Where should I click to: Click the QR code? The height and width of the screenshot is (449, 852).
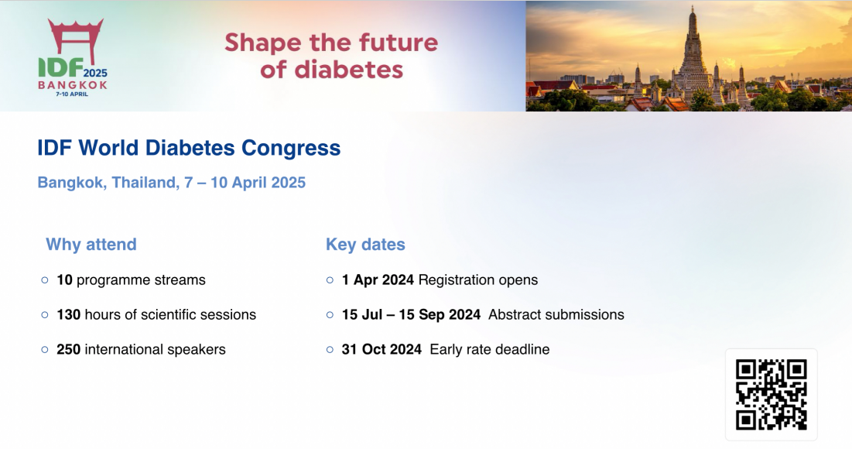(x=771, y=394)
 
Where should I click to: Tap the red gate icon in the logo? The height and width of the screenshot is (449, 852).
(x=76, y=40)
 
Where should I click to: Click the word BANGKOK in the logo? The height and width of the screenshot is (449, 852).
(x=73, y=85)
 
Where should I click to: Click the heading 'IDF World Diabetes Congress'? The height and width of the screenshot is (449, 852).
(x=189, y=148)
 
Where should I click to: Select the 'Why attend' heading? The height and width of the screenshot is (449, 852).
(x=91, y=245)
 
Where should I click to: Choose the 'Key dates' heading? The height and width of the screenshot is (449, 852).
(x=366, y=245)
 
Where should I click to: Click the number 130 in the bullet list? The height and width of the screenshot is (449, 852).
(x=68, y=315)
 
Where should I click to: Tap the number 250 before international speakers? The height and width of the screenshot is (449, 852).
(x=68, y=350)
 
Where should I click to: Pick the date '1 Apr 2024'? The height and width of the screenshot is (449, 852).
(x=378, y=280)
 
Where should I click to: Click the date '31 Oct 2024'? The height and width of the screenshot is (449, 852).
(x=382, y=350)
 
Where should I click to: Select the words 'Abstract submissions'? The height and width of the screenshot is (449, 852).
(x=556, y=315)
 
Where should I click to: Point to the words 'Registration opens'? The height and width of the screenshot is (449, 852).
(x=478, y=280)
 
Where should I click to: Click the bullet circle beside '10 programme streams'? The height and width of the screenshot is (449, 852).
(x=45, y=280)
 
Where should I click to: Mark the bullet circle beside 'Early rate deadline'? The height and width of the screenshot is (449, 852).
(x=330, y=350)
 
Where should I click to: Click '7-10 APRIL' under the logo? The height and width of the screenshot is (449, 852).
(x=72, y=94)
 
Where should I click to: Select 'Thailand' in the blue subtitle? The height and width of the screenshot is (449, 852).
(x=145, y=183)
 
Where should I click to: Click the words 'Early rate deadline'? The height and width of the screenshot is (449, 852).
(x=490, y=350)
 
